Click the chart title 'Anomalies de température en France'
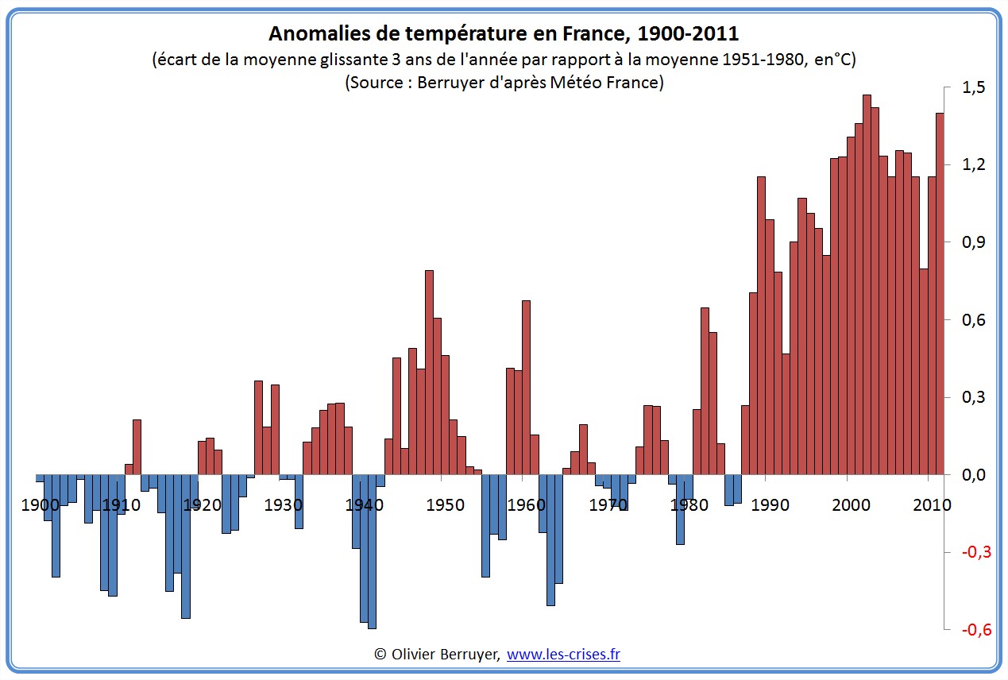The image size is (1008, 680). pos(504,33)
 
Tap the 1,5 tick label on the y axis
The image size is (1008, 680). pos(973,88)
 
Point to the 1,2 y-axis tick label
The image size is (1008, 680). pos(973,165)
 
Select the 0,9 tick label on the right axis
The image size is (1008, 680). pos(973,243)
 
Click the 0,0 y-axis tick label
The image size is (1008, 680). pos(973,475)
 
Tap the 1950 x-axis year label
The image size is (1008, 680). pos(446,505)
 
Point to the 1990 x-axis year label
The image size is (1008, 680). pos(770,505)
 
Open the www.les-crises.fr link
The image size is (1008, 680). pos(563,655)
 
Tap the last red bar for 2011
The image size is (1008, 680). pos(940,293)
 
